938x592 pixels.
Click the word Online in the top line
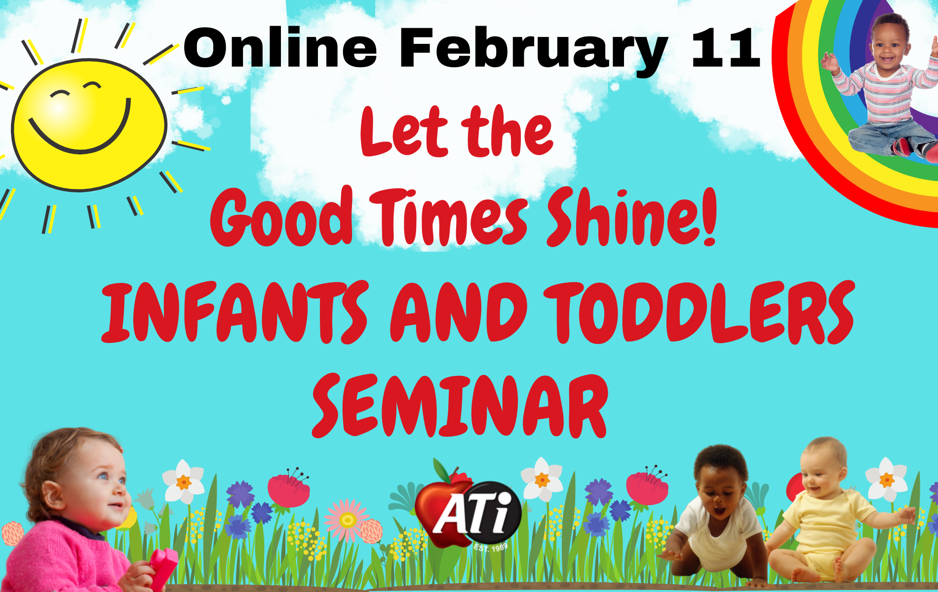point(280,48)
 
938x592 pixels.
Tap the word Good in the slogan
point(281,217)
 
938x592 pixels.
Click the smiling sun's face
point(89,125)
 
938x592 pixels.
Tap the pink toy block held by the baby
point(163,567)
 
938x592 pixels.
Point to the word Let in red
point(404,132)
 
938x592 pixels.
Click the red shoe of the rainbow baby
point(903,147)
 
